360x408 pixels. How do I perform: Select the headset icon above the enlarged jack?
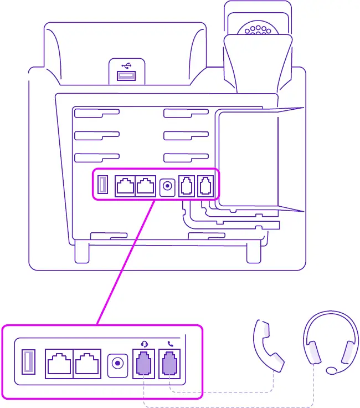pos(144,344)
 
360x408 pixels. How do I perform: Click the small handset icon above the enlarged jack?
pos(170,344)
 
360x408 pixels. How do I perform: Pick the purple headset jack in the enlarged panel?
pos(144,364)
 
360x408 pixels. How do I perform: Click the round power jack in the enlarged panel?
pos(117,364)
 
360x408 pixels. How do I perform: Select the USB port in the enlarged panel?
pos(28,364)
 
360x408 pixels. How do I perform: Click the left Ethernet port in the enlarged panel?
pos(59,364)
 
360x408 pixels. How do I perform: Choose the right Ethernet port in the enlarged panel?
pos(86,364)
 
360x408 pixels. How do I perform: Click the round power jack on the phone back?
pos(167,186)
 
